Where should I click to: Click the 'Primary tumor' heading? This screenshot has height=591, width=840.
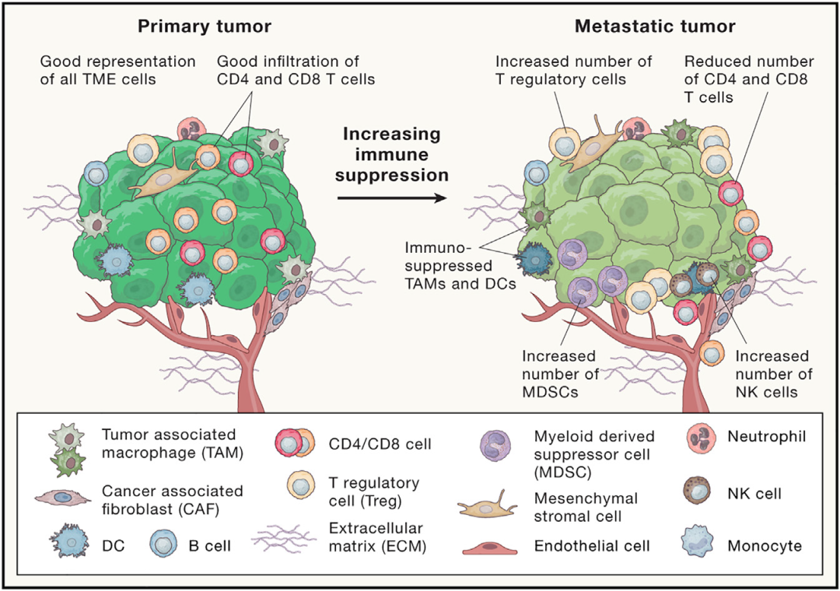(205, 26)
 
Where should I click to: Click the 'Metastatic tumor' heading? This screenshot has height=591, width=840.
(655, 26)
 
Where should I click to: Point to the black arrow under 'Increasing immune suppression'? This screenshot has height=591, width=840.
(391, 198)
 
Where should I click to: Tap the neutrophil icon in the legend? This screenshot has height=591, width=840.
(701, 437)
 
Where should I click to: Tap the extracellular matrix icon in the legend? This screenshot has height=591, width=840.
(283, 537)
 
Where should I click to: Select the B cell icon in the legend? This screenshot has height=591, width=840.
(164, 544)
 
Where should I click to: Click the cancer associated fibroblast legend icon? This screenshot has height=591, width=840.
(63, 497)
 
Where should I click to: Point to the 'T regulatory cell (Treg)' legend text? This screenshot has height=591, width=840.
(374, 492)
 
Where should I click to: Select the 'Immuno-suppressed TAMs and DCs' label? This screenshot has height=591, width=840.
(460, 266)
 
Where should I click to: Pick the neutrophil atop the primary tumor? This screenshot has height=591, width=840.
(192, 128)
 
